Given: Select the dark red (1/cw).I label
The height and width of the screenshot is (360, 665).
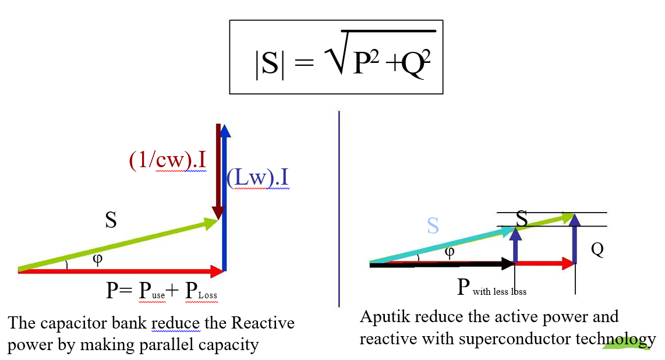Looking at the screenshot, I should coord(167,160).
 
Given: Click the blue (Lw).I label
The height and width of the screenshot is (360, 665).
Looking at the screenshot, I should coord(257,178).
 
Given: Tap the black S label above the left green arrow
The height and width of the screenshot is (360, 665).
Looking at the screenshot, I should coord(111,220).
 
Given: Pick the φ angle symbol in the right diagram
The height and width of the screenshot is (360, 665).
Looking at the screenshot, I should coord(449,251).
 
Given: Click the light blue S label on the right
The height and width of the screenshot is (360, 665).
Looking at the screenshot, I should coord(433,226).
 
